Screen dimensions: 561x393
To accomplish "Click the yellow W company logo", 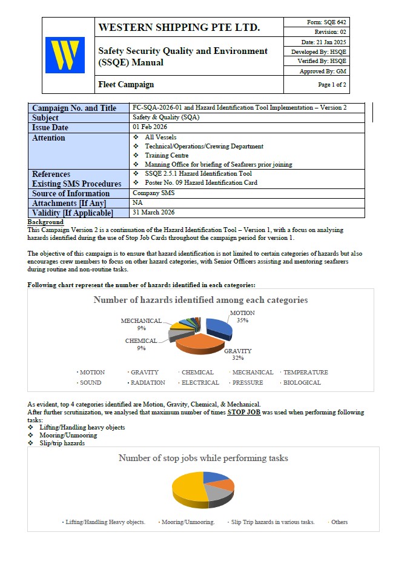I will pos(65,55).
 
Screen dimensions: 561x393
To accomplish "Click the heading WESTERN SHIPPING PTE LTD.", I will pos(179,27).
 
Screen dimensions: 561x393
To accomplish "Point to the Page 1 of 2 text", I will pos(332,85).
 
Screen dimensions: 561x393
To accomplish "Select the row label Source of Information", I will pos(71,193).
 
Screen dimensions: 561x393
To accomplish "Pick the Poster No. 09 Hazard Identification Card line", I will pos(201,182).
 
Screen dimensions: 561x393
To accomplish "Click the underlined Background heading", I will pos(45,222).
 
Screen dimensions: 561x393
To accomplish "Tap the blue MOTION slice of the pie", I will pos(219,327).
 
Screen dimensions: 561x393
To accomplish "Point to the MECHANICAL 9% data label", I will pos(141,324).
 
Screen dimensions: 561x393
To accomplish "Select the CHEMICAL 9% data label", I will pos(141,344).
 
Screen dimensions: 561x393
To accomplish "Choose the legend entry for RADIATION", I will pos(148,383).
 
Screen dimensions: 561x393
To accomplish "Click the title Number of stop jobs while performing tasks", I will pos(203,459).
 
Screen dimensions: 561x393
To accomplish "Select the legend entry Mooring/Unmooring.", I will pos(188,522).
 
